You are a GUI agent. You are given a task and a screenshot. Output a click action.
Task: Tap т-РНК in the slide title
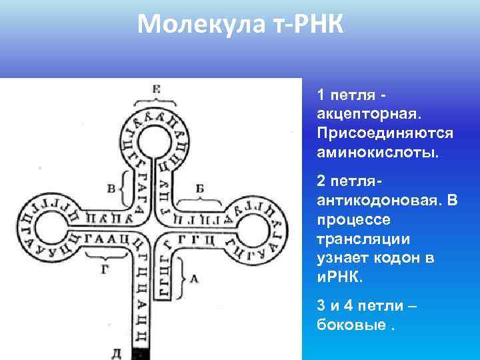[311, 26]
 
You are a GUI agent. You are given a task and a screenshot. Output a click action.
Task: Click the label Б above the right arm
[200, 189]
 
